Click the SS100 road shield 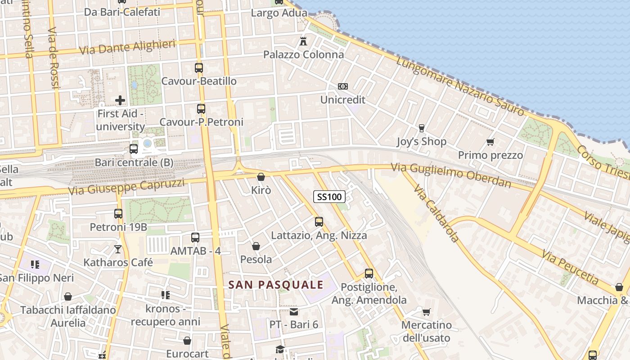329,197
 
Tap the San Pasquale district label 276,284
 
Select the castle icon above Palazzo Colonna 303,41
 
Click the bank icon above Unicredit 343,86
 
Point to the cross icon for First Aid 120,100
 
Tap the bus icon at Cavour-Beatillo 199,68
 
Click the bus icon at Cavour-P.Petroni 201,109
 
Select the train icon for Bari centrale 134,149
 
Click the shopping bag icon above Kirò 261,177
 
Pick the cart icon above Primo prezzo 490,142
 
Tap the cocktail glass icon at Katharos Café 118,249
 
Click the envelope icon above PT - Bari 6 294,311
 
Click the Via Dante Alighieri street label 127,47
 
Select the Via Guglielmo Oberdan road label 451,175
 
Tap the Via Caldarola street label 436,213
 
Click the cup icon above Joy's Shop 421,128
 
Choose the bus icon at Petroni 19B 118,214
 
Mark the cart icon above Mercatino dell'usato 426,312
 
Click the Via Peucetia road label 571,268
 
